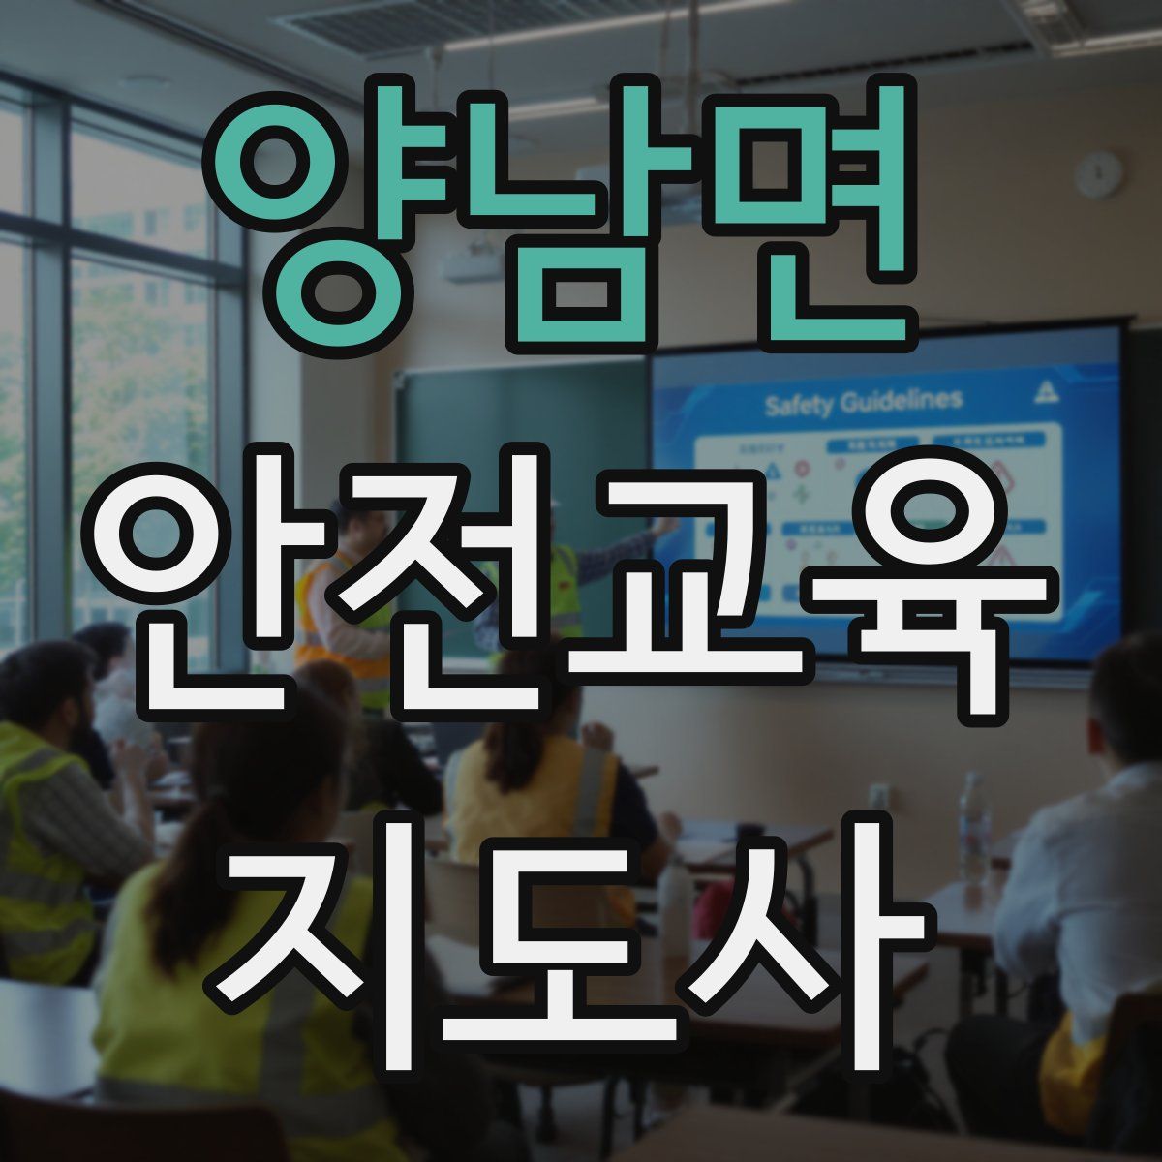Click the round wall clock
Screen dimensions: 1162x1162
(x=1099, y=175)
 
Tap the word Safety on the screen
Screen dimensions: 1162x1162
(x=800, y=404)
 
